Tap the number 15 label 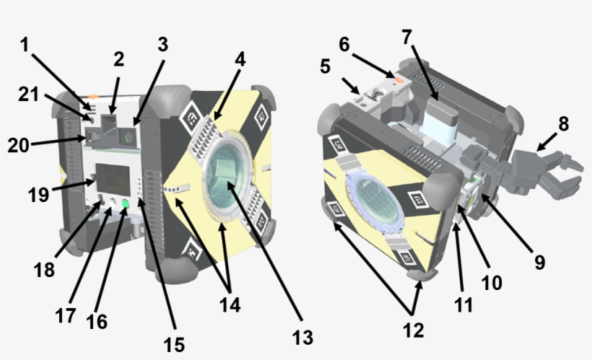174,345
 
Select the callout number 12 414,330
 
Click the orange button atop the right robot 394,74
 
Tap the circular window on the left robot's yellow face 226,180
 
